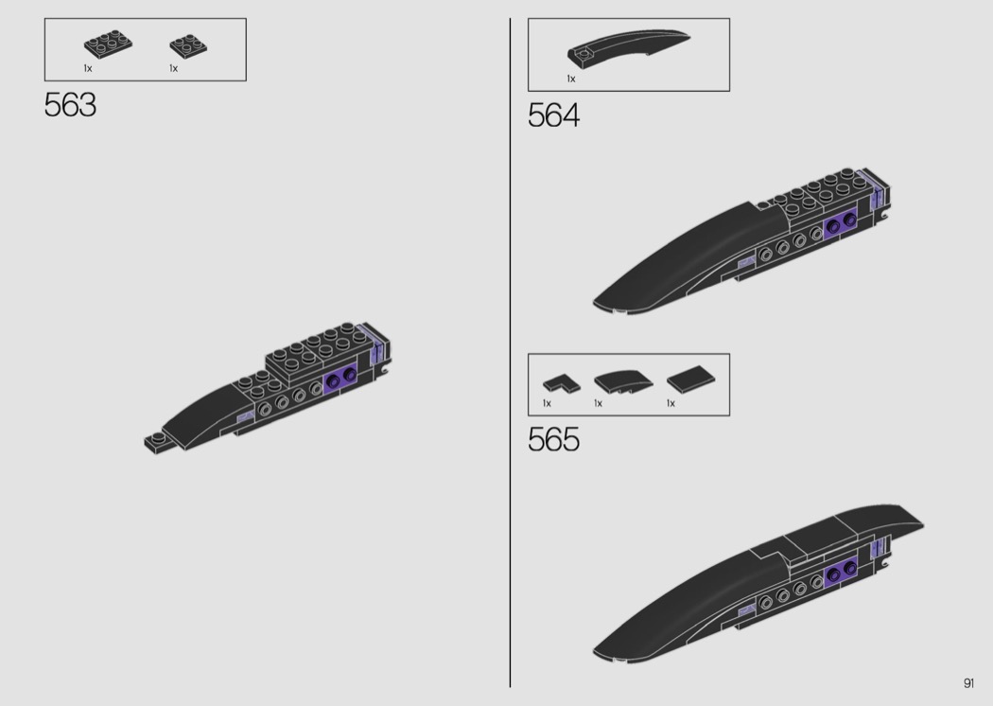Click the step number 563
(x=70, y=105)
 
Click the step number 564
(x=553, y=116)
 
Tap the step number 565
(x=553, y=440)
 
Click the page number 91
(x=969, y=682)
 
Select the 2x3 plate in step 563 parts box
(x=109, y=44)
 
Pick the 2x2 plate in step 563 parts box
(x=188, y=45)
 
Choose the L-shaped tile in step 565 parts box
(x=561, y=383)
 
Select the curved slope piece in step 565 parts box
(x=623, y=381)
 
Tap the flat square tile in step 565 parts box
(x=691, y=379)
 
